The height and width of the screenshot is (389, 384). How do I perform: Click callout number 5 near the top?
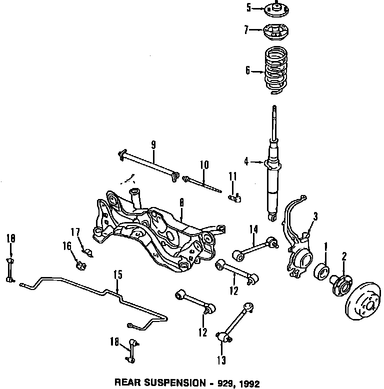pyautogui.click(x=248, y=7)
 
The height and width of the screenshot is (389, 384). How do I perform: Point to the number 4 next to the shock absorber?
pyautogui.click(x=246, y=161)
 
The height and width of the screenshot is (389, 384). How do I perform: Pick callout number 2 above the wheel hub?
pyautogui.click(x=344, y=256)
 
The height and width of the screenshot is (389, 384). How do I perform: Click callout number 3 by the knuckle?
pyautogui.click(x=315, y=216)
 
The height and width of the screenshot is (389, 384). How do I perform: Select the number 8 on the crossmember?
pyautogui.click(x=181, y=203)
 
